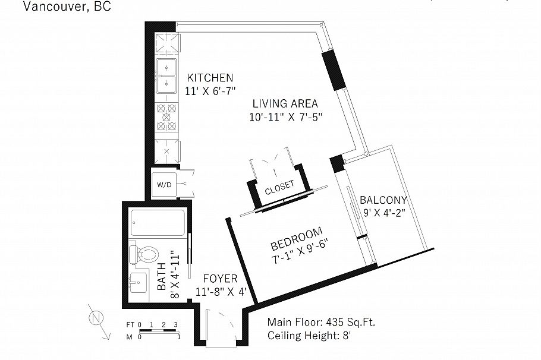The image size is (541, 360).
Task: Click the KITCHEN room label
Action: [210, 78]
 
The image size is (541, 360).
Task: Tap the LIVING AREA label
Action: [284, 103]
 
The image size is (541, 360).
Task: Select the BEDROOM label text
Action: [296, 238]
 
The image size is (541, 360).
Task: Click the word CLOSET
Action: [279, 188]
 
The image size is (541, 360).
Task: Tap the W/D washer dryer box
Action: [164, 185]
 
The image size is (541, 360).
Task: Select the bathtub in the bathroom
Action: [157, 224]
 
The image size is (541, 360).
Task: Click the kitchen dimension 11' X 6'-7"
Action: [210, 91]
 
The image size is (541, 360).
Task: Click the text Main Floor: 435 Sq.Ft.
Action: [321, 323]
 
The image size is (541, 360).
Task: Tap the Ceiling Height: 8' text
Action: [313, 336]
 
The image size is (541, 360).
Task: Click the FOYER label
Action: [220, 279]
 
